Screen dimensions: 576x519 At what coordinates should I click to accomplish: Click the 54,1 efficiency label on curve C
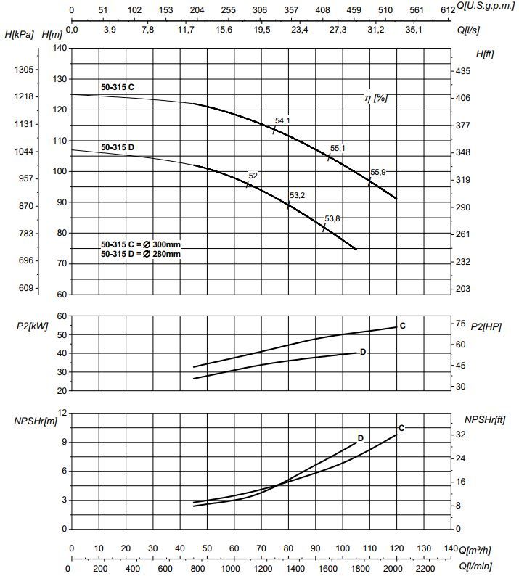[282, 121]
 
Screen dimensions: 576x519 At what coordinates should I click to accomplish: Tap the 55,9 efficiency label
[378, 172]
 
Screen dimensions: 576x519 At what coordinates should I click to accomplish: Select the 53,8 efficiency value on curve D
[332, 218]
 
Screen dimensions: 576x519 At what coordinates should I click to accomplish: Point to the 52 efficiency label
[253, 176]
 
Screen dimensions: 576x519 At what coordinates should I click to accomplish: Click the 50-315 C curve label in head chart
[118, 87]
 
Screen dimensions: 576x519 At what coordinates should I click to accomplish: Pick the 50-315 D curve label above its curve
[118, 147]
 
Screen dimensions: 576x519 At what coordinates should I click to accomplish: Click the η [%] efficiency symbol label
[376, 97]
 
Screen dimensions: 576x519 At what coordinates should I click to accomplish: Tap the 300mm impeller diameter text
[165, 244]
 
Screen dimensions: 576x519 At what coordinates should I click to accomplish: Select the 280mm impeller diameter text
[165, 254]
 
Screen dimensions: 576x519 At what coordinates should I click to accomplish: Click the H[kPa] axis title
[20, 35]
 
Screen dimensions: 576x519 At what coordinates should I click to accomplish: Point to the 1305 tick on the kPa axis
[24, 69]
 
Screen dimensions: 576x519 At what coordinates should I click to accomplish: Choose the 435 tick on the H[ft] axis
[463, 71]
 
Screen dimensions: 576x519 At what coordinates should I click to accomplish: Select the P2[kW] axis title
[32, 326]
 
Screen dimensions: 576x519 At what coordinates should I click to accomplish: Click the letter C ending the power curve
[402, 326]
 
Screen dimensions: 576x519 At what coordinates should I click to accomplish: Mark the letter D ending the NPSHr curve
[360, 438]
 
